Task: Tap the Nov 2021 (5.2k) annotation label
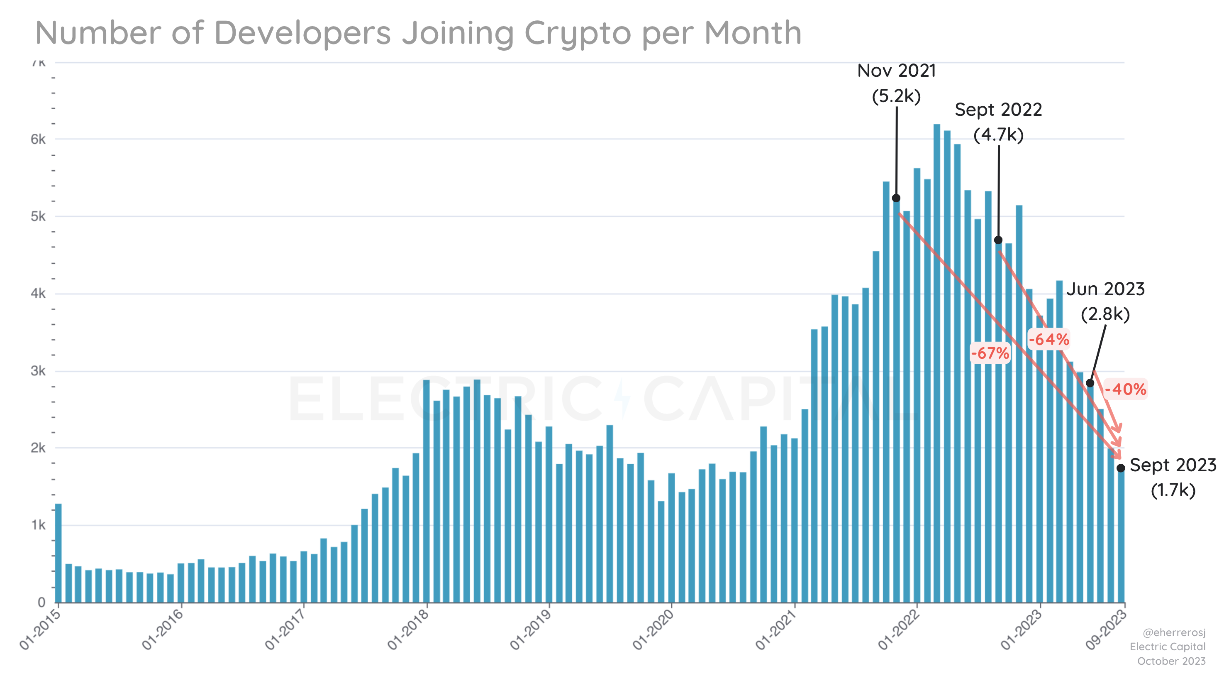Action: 896,83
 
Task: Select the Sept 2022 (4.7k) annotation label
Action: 998,122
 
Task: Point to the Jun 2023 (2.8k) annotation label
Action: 1105,301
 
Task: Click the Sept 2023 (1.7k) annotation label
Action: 1173,477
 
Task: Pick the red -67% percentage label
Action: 990,353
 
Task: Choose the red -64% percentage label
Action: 1048,339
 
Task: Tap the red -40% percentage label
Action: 1125,389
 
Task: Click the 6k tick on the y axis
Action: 38,139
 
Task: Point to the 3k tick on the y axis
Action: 38,371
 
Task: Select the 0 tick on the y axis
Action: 41,603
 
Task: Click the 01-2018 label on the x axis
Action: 408,630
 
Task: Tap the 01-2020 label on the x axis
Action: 653,630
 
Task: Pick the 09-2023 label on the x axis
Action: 1106,630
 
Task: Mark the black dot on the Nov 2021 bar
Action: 896,198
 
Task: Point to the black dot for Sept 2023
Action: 1120,468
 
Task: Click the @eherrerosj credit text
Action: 1174,633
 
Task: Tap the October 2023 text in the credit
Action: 1171,661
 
